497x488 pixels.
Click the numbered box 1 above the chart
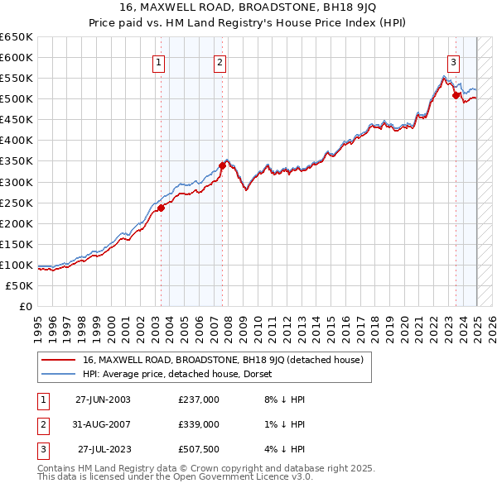(x=158, y=61)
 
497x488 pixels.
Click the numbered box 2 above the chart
(x=220, y=61)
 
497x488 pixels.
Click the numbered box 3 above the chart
(x=454, y=61)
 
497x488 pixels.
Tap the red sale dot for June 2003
(x=162, y=208)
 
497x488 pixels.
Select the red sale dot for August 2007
(x=223, y=165)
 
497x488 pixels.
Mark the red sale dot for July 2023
(x=456, y=95)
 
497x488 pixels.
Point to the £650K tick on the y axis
(x=17, y=37)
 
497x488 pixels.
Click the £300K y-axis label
(x=17, y=182)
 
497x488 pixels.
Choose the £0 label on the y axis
(x=25, y=306)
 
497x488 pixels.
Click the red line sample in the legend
(x=58, y=360)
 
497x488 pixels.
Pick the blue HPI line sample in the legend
(x=58, y=375)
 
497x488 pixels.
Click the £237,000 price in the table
(x=199, y=399)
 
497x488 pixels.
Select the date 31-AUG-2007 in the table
(x=103, y=424)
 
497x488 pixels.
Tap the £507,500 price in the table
(x=199, y=449)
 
